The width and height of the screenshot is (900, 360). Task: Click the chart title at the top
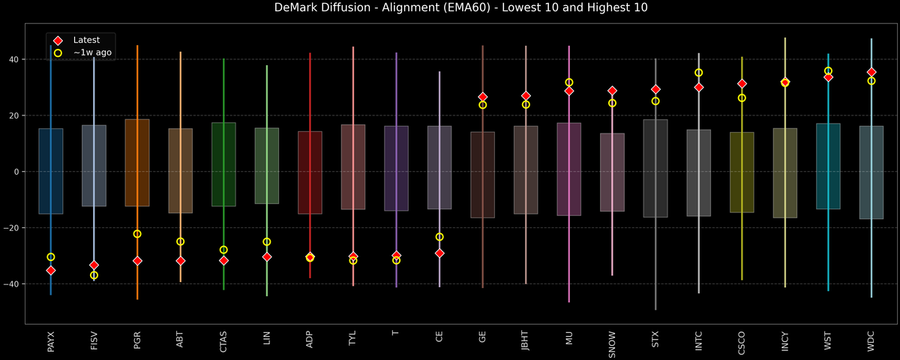coord(450,8)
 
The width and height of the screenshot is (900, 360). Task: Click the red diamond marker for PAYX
coord(51,270)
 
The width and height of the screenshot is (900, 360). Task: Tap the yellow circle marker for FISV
coord(94,275)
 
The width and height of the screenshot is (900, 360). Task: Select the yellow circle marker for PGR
coord(137,234)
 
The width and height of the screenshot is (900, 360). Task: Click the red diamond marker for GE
coord(483,97)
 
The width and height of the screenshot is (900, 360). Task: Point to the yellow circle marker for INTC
coord(699,73)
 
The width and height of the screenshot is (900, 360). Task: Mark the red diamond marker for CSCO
coord(742,84)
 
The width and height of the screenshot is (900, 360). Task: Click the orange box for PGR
coord(137,163)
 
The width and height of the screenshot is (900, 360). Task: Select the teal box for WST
coord(828,166)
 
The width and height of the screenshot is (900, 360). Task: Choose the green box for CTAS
coord(223,164)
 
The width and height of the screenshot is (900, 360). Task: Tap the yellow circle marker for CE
coord(439,237)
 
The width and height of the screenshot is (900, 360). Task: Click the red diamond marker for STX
coord(655,89)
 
